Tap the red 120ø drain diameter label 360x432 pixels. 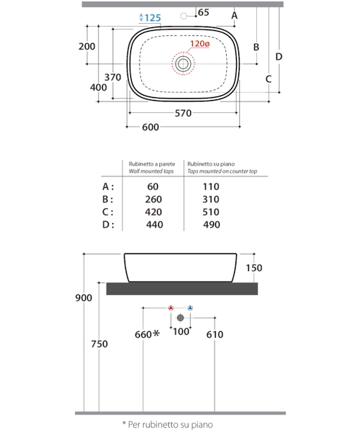coord(200,43)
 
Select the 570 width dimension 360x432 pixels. coord(183,113)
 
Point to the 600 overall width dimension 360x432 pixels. coord(150,127)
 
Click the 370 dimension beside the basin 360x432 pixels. coord(112,77)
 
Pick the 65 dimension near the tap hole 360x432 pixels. coord(204,12)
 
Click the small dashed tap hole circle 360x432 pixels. coord(184,17)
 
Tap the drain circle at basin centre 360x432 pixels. coord(183,64)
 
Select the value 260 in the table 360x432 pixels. coord(153,199)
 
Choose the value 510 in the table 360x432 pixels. coord(211,212)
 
